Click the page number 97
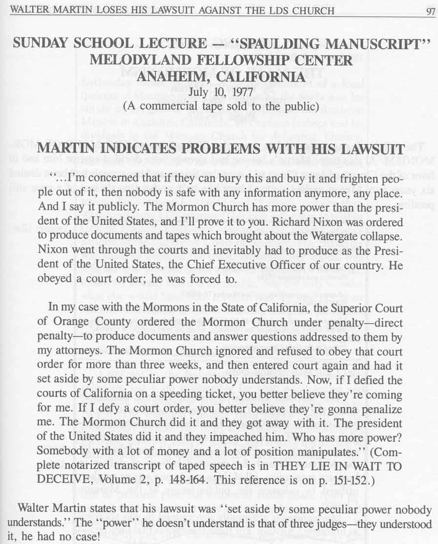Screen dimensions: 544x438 (x=430, y=11)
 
